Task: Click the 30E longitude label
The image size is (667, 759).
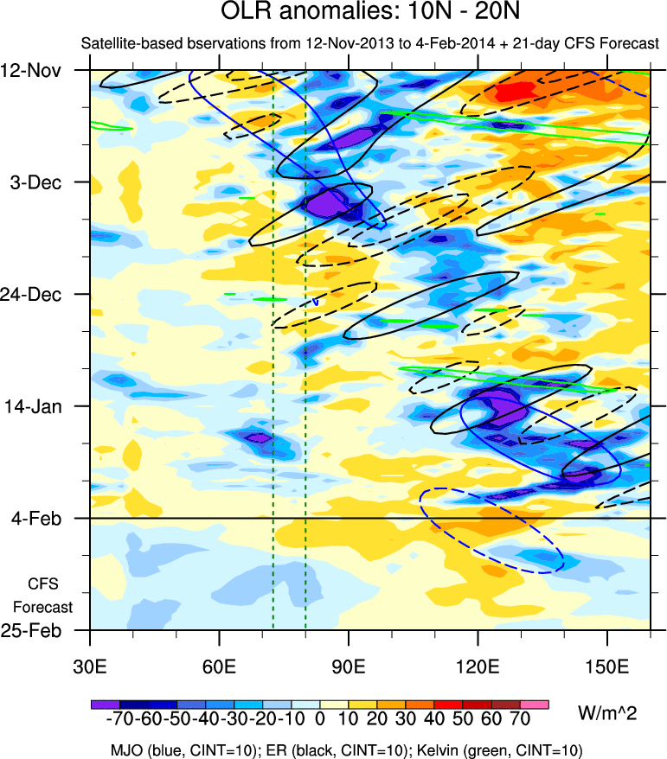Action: tap(91, 666)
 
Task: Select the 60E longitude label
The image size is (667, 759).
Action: tap(220, 666)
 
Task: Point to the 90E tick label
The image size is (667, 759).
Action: tap(349, 666)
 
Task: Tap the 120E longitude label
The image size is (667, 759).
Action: tap(478, 666)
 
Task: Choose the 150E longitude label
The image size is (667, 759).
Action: tap(607, 666)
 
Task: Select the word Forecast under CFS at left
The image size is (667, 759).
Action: tap(44, 608)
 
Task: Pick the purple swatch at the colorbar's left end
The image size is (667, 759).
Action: tap(105, 705)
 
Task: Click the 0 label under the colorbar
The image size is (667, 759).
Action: tap(320, 720)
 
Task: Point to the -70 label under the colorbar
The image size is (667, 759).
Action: tap(114, 720)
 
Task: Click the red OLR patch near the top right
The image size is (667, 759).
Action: tap(516, 89)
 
